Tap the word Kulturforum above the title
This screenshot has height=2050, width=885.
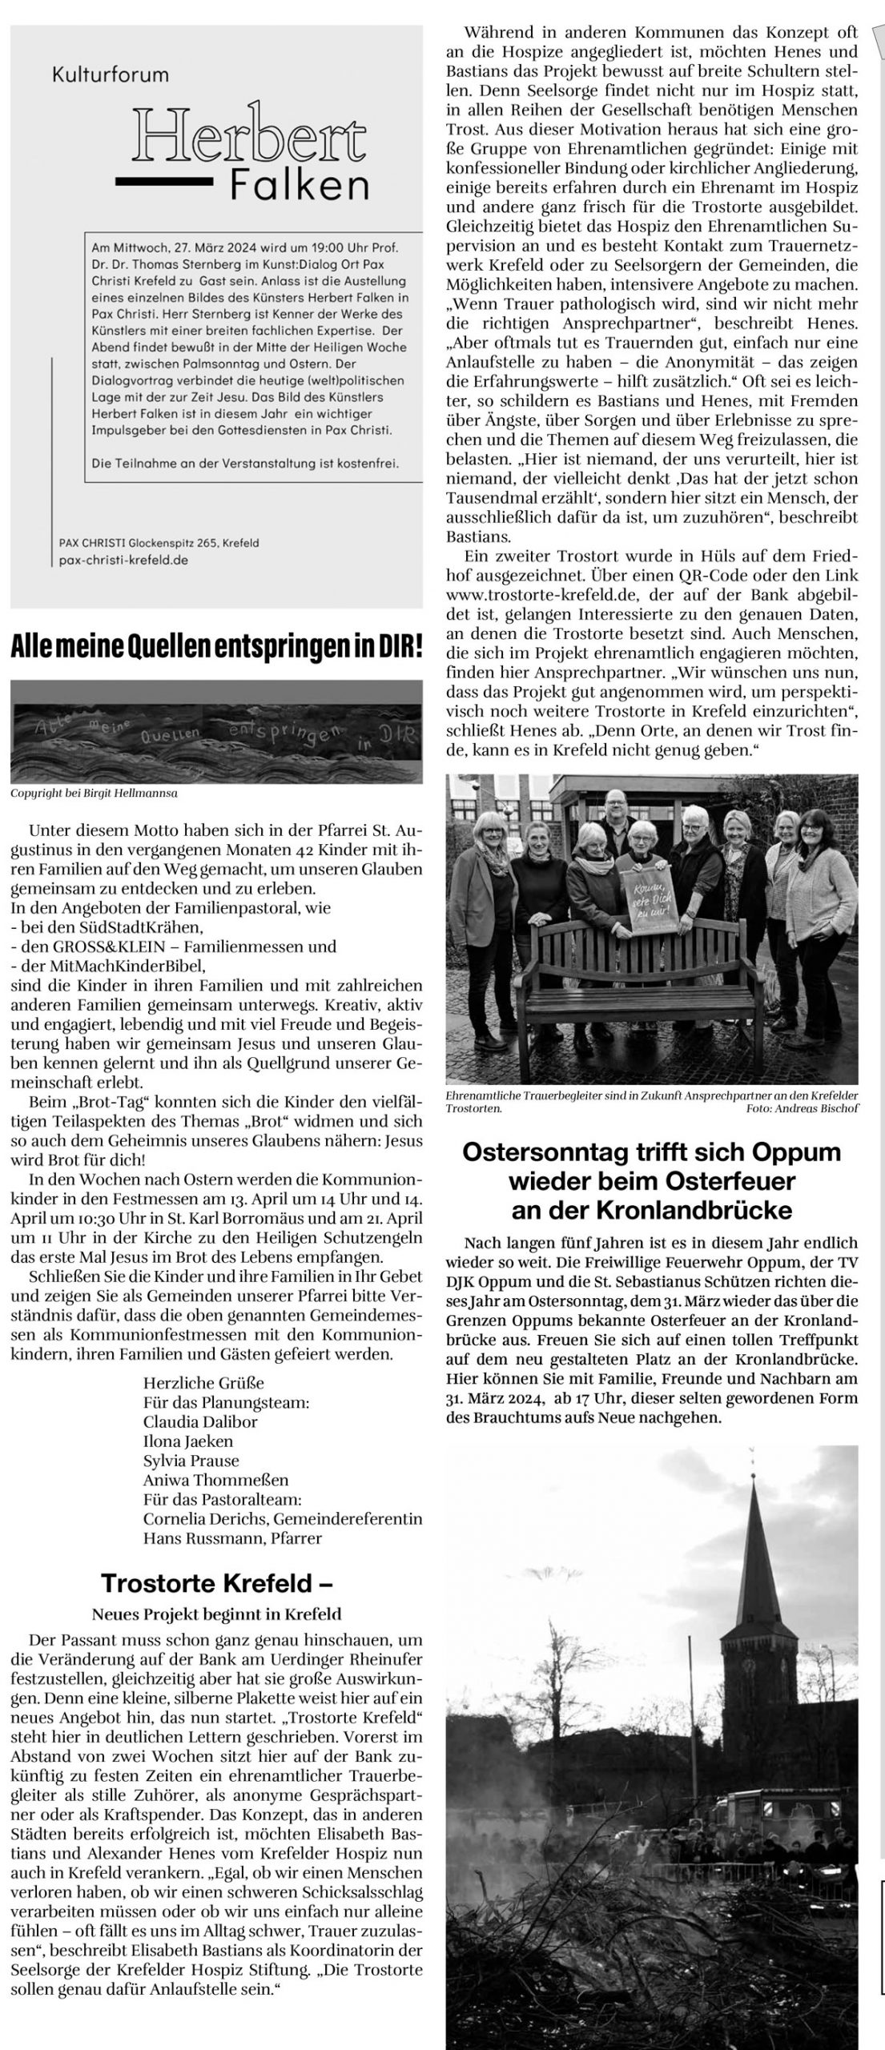[111, 75]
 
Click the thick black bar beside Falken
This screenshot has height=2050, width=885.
[163, 182]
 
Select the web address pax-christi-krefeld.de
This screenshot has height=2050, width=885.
[124, 561]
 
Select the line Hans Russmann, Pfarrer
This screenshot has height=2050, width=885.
[232, 1537]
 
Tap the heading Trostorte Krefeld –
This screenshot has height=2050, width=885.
[216, 1582]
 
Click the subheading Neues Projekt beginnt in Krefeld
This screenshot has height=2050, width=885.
[216, 1614]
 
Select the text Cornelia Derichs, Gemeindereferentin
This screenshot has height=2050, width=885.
[283, 1518]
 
